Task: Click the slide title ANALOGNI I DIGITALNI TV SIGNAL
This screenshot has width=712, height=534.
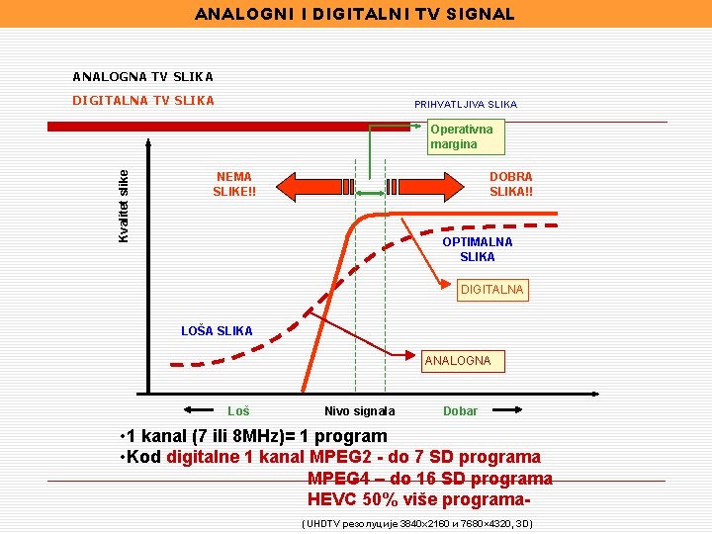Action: (x=355, y=14)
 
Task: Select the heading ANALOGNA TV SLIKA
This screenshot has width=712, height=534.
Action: (x=142, y=76)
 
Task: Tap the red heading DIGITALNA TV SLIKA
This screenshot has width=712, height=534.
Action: (x=142, y=100)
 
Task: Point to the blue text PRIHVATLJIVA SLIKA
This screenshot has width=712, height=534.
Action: (x=465, y=104)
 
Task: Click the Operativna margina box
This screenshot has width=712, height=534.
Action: (x=461, y=136)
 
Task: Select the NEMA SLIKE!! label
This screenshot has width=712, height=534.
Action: (x=234, y=184)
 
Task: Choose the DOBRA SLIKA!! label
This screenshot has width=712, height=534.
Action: (x=510, y=184)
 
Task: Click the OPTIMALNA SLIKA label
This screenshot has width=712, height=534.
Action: (x=477, y=249)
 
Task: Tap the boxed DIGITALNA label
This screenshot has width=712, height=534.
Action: (x=492, y=290)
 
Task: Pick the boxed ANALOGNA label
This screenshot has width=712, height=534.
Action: (x=457, y=361)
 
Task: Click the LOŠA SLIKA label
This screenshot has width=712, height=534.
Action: (x=217, y=330)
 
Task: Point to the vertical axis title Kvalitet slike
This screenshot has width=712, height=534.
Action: (x=124, y=205)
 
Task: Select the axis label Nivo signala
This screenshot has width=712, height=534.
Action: (x=359, y=411)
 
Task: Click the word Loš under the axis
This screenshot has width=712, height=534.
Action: (x=238, y=410)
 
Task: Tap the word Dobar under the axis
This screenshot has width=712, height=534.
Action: (x=460, y=410)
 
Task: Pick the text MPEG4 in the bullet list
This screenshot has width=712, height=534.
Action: (x=339, y=479)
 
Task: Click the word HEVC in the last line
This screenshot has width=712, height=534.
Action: (x=332, y=499)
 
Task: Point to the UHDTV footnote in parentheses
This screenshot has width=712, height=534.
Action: (x=416, y=523)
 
